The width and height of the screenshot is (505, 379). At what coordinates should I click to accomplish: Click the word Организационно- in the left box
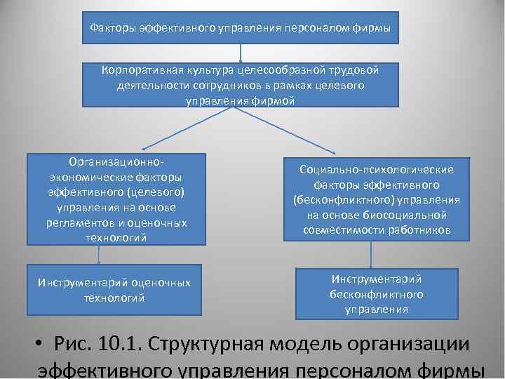click(x=116, y=161)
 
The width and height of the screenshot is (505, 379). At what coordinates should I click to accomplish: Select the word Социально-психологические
click(x=376, y=170)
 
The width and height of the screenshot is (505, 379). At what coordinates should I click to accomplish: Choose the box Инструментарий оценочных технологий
click(x=114, y=290)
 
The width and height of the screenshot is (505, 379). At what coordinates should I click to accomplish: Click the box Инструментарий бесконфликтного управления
click(x=376, y=293)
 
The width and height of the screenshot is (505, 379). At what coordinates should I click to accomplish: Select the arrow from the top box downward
click(x=241, y=53)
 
